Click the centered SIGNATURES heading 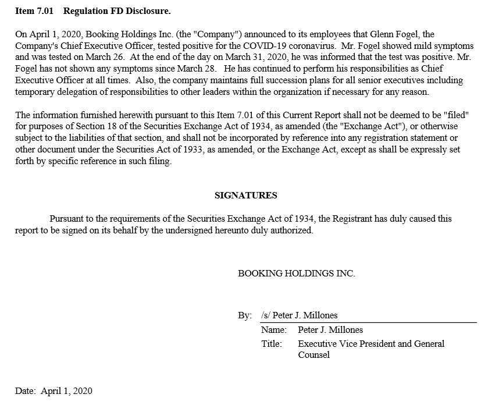coord(245,196)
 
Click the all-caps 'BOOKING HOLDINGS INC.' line coord(296,273)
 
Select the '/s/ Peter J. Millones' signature coord(299,315)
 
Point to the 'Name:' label coord(274,330)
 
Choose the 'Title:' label coord(272,344)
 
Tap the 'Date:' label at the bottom coord(26,391)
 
